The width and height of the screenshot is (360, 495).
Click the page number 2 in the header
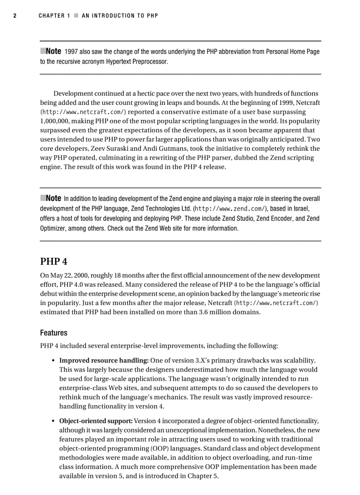pos(15,16)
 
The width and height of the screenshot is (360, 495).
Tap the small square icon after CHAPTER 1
pos(76,16)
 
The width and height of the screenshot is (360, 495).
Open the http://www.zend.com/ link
pos(231,208)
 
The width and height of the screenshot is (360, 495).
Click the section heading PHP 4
pos(54,261)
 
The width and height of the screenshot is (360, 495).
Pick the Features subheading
pos(54,333)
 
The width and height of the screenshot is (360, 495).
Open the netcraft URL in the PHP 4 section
pos(277,303)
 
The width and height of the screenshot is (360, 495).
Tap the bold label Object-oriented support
pos(96,421)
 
